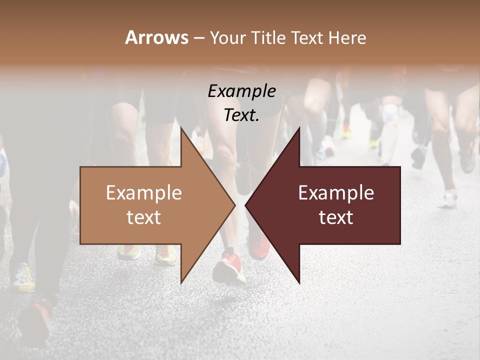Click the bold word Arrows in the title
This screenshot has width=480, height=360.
[x=156, y=37]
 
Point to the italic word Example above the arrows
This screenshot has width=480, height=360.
[x=241, y=91]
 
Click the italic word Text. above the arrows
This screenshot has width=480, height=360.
[x=241, y=115]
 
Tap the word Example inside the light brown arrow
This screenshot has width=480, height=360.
[x=144, y=193]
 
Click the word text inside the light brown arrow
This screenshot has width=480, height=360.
[x=144, y=217]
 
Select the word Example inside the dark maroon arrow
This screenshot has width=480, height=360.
[x=336, y=193]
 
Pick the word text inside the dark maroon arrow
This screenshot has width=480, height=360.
[x=336, y=217]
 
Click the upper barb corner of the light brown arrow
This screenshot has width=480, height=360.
[x=181, y=128]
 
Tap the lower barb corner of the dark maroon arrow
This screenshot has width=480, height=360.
[x=299, y=282]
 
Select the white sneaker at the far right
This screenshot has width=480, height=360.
[x=448, y=200]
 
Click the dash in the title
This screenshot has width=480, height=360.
[x=198, y=38]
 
